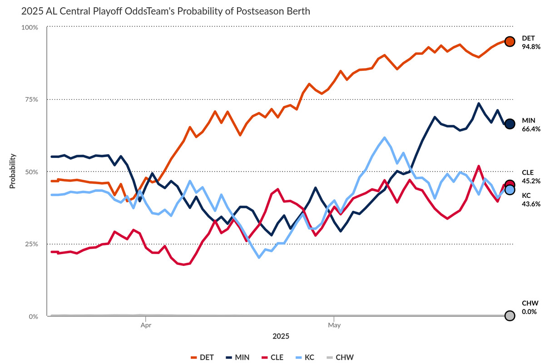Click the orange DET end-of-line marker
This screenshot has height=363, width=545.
click(510, 41)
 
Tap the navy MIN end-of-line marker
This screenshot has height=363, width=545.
click(510, 123)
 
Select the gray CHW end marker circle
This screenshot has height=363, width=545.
click(510, 316)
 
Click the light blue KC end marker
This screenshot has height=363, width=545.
click(510, 190)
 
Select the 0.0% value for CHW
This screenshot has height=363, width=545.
click(529, 311)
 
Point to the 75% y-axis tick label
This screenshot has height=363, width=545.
click(31, 99)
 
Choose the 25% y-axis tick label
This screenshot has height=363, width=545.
click(31, 244)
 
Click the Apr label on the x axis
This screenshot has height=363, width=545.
click(145, 325)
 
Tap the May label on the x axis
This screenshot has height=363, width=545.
click(334, 325)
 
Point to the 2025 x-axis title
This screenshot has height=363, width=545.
click(281, 337)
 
